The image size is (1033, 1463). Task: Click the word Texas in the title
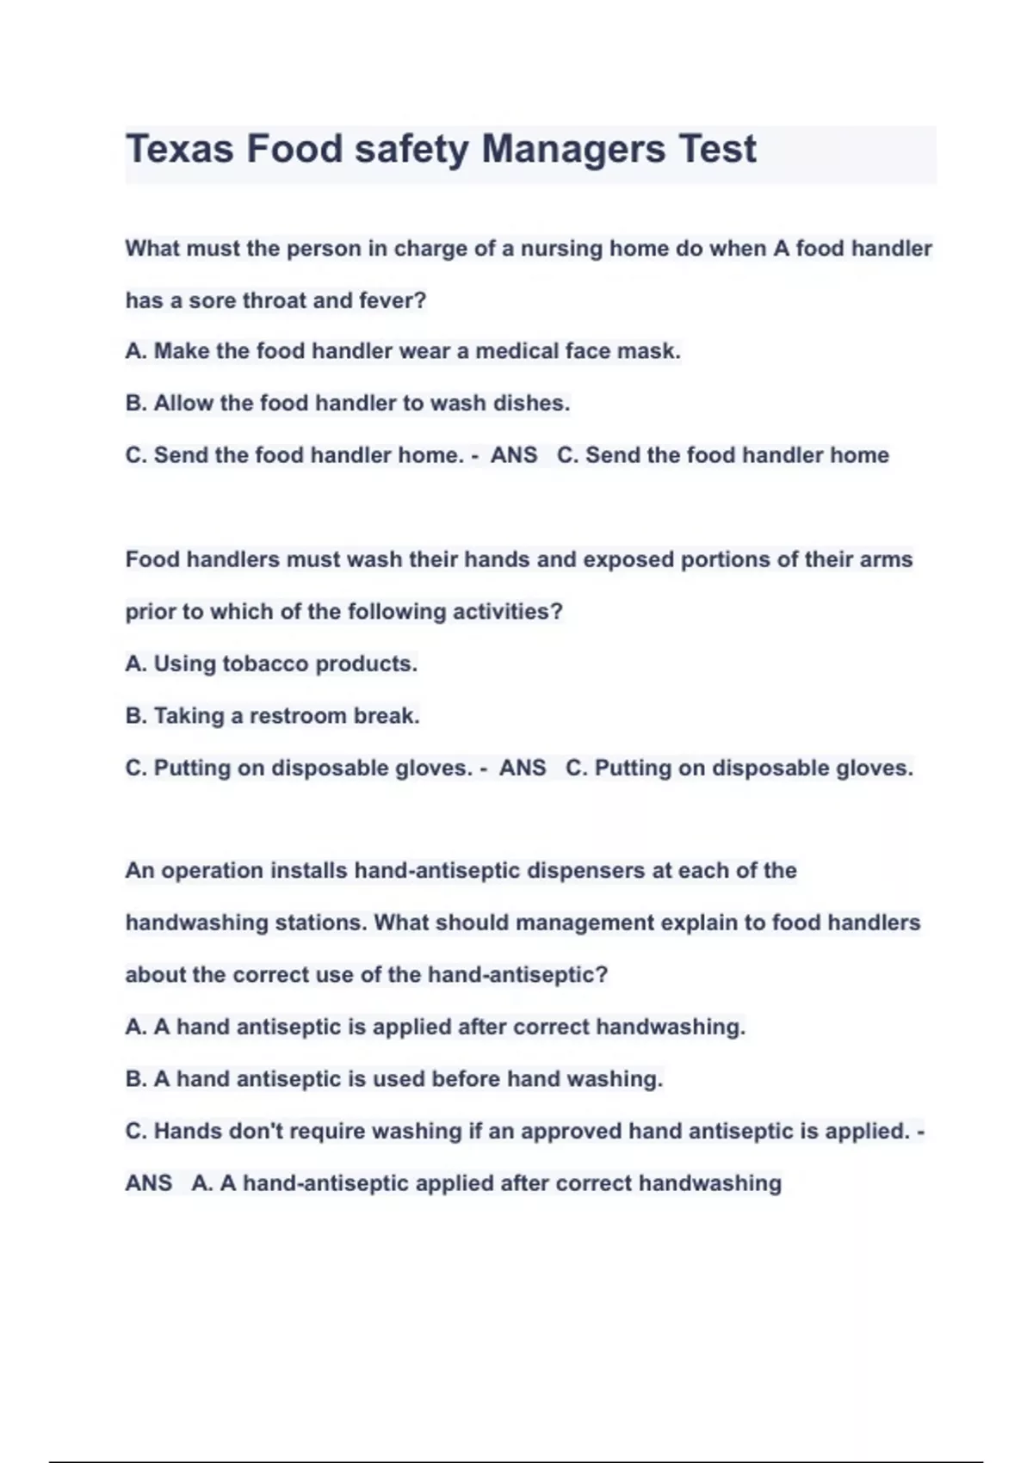(180, 149)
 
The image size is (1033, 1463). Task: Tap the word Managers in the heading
(572, 149)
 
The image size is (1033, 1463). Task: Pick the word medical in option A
(516, 351)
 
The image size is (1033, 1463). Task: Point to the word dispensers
(585, 870)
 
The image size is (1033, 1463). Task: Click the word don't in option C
(256, 1131)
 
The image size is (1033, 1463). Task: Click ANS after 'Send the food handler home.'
(514, 455)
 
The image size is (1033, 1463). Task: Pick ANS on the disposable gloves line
(523, 768)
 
